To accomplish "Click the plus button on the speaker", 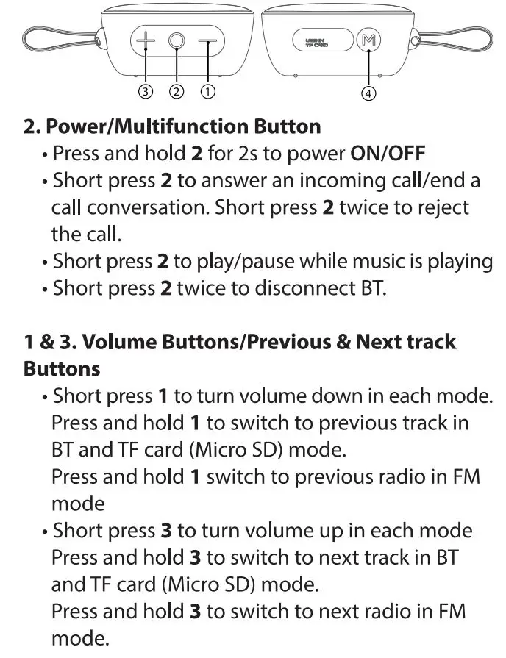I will point(146,41).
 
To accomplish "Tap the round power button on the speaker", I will point(177,42).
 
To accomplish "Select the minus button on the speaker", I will point(208,42).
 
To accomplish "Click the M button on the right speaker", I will point(367,41).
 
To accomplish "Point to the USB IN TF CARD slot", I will point(316,41).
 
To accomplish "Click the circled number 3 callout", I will point(146,92).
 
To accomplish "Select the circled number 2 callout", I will point(177,92).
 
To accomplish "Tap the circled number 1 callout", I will point(207,92).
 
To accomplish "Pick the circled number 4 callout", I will point(368,93).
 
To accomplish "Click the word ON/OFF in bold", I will point(388,154).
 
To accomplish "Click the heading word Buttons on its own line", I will point(61,368).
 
